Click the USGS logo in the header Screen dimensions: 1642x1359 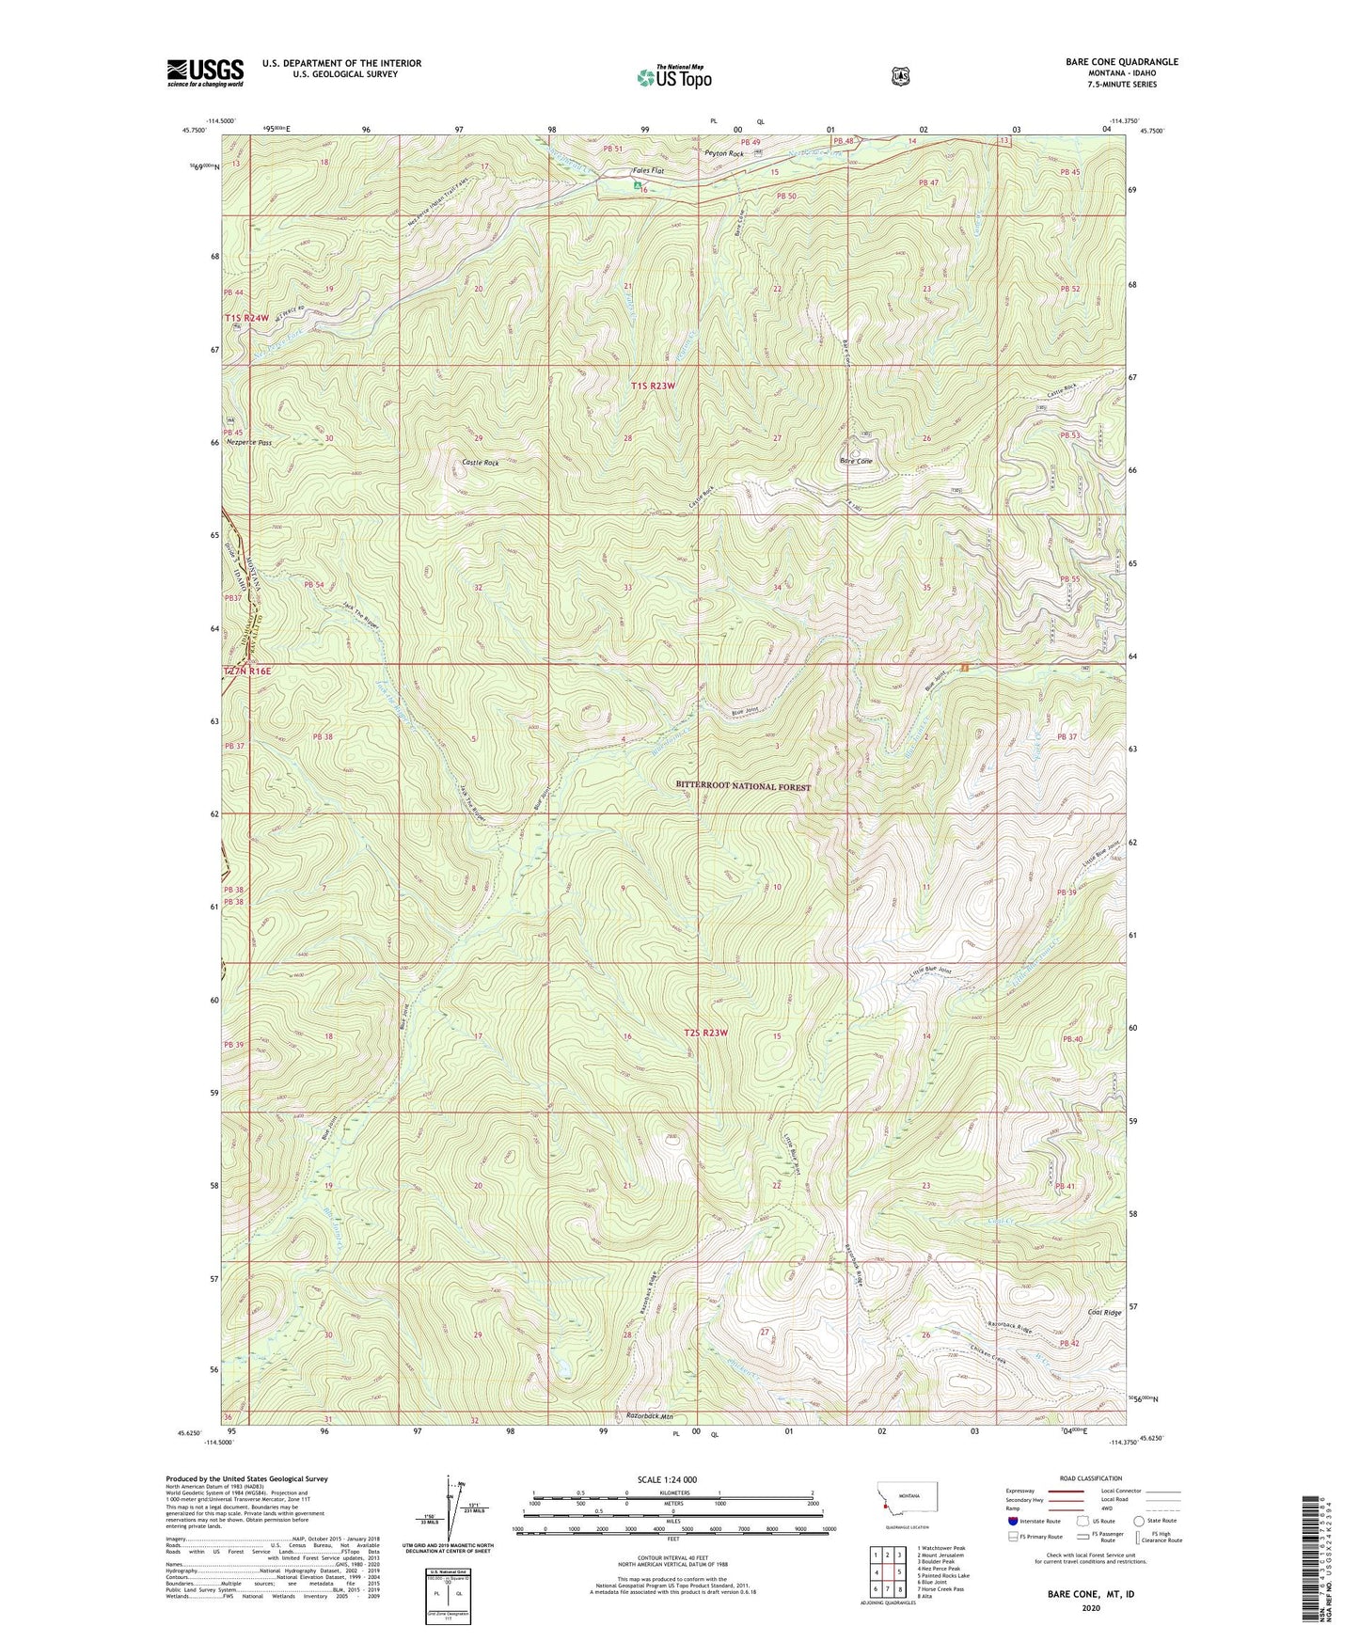[x=205, y=72]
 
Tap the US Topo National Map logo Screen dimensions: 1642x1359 [x=673, y=77]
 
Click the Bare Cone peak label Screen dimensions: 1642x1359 [x=856, y=461]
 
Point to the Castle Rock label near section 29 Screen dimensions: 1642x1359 [x=480, y=463]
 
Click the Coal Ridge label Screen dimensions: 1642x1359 [x=1104, y=1312]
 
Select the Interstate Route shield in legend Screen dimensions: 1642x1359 [x=1012, y=1521]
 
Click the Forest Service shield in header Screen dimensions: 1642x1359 [x=900, y=75]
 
